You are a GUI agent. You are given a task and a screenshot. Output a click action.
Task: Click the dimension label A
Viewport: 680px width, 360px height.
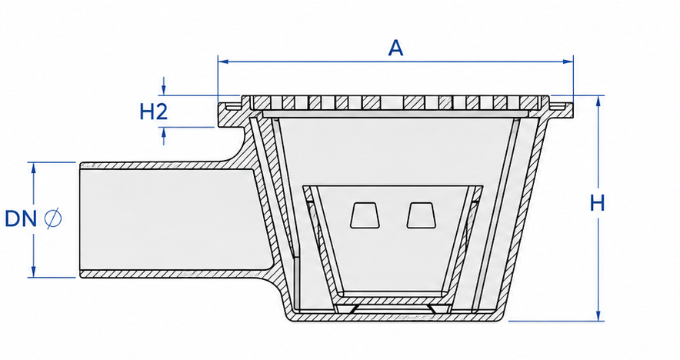[395, 48]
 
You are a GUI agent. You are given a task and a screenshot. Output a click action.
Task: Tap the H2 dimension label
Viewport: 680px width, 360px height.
[154, 112]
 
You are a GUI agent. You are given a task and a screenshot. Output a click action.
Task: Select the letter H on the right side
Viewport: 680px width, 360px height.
[597, 203]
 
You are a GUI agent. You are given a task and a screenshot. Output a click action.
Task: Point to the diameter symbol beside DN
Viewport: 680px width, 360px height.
[53, 218]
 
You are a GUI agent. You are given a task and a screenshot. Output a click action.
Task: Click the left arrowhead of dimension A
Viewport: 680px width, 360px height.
[223, 62]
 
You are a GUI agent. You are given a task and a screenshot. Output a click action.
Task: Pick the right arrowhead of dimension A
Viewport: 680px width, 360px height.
[568, 62]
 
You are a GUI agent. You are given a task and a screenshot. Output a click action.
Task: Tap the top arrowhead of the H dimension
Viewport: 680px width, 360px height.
[598, 101]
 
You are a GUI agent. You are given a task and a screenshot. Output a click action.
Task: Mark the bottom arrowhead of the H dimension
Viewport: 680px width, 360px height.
[598, 315]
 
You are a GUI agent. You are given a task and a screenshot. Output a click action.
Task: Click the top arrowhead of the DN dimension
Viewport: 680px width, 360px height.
[33, 168]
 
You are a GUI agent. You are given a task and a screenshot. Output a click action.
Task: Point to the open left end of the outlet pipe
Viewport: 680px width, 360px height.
[81, 220]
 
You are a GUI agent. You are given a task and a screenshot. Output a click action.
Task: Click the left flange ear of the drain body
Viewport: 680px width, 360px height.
[229, 115]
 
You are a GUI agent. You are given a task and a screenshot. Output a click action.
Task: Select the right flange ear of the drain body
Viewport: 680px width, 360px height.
[562, 114]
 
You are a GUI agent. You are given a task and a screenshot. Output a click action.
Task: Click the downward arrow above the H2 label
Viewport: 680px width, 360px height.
[164, 85]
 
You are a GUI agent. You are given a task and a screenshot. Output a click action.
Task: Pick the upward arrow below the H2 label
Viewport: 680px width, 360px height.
[164, 136]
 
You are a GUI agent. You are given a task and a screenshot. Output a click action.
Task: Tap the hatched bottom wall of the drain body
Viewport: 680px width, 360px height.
[397, 317]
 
